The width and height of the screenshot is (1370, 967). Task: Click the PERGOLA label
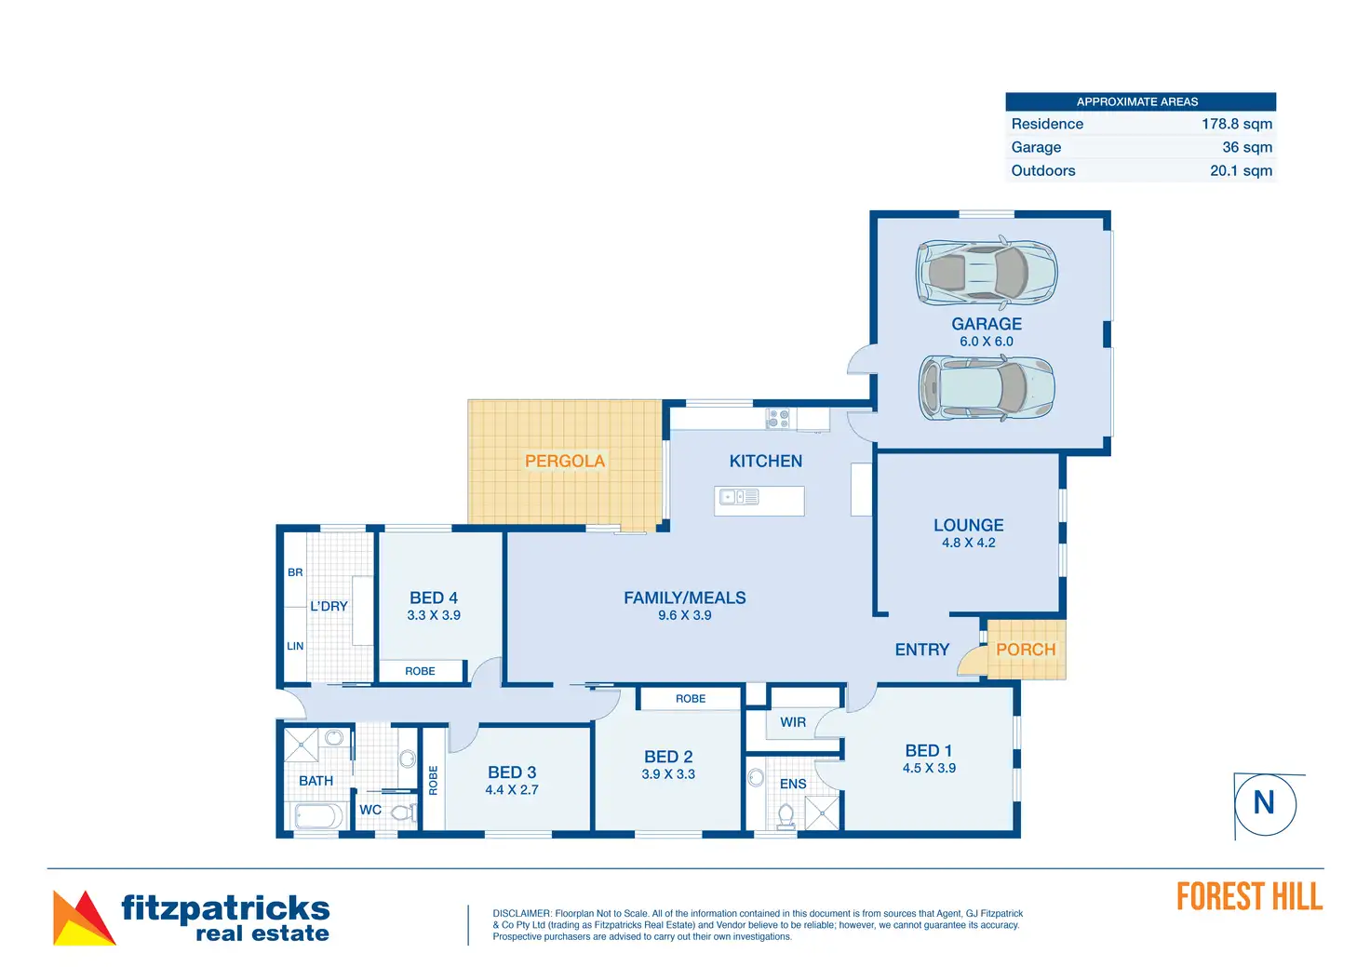[x=564, y=461]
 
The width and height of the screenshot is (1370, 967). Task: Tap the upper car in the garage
[x=987, y=272]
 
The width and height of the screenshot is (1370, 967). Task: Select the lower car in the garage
[x=987, y=387]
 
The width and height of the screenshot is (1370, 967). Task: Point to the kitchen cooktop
[x=778, y=419]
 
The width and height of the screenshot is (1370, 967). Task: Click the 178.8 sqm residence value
[x=1236, y=124]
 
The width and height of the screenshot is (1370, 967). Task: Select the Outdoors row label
[x=1042, y=170]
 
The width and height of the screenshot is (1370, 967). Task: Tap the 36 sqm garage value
[x=1246, y=147]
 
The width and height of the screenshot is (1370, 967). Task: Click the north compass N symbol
[x=1264, y=802]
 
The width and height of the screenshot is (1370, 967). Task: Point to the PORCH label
[x=1026, y=650]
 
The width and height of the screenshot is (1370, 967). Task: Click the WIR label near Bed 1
[x=793, y=722]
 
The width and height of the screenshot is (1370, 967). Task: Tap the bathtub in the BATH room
[x=317, y=816]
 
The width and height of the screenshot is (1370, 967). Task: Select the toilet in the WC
[x=402, y=813]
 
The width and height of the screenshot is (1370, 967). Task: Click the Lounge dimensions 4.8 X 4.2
[x=968, y=543]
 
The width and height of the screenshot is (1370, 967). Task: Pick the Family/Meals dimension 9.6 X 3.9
[x=684, y=615]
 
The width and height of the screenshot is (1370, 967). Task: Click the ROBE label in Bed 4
[x=420, y=671]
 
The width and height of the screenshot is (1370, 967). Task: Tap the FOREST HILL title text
[x=1249, y=897]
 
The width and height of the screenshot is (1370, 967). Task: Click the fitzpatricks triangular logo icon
[x=84, y=919]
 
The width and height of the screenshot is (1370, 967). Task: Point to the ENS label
[x=793, y=784]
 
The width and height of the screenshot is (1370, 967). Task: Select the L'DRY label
[x=329, y=606]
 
